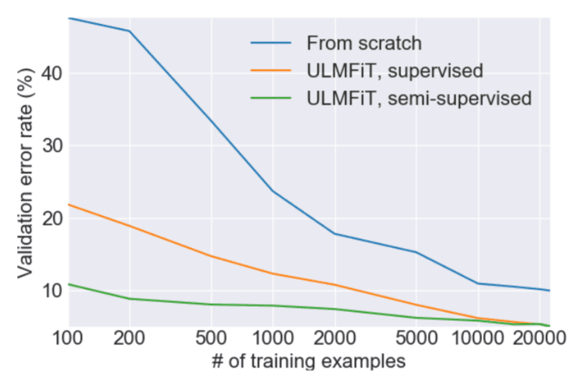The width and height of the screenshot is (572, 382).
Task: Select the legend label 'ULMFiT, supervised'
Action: (395, 71)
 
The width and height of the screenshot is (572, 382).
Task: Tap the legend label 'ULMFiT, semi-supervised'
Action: (419, 98)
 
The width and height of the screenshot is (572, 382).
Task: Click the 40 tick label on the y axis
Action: (51, 74)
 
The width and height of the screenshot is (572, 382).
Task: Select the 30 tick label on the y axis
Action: (51, 146)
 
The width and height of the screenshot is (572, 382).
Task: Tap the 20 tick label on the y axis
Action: (51, 218)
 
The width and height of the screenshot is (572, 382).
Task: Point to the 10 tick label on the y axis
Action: (51, 290)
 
